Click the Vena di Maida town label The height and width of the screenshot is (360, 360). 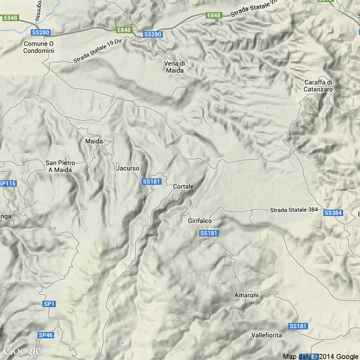point(175,67)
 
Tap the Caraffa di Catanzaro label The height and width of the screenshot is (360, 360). point(318,86)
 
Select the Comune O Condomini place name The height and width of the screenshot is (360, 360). point(39,47)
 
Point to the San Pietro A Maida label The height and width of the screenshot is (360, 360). point(60,166)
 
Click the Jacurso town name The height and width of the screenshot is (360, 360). point(128,168)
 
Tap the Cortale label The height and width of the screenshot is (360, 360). point(183,186)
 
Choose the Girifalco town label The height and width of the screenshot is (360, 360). point(200,221)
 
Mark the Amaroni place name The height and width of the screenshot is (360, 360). point(246,295)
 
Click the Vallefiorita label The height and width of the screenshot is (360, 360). point(267,335)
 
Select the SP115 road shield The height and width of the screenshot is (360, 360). point(8,184)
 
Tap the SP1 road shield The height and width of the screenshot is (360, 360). point(49,304)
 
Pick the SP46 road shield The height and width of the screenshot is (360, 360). point(46,335)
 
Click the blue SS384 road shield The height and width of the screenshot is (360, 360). point(333,213)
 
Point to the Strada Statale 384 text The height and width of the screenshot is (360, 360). point(294,210)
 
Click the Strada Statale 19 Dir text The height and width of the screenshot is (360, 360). point(97,51)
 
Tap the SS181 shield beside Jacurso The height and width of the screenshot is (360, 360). point(151,182)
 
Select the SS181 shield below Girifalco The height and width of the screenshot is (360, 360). point(209,233)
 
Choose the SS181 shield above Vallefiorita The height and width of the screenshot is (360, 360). point(298,326)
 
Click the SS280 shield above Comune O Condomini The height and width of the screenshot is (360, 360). point(41,32)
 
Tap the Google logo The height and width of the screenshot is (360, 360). point(22,351)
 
